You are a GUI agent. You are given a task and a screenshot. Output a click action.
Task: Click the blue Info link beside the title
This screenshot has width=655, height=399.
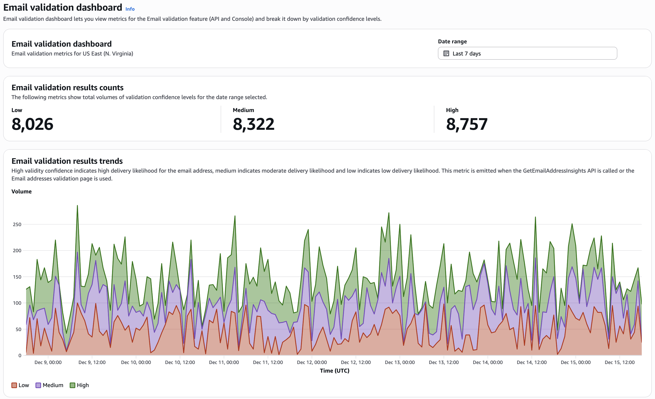click(x=130, y=9)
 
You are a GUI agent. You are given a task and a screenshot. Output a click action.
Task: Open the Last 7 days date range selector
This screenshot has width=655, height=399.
click(x=527, y=53)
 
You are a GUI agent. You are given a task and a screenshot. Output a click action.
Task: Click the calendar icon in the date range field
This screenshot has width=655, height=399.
click(x=446, y=53)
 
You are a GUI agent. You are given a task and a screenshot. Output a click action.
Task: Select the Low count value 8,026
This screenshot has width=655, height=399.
click(x=32, y=124)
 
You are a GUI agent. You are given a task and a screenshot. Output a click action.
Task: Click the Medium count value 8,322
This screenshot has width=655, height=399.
click(x=253, y=124)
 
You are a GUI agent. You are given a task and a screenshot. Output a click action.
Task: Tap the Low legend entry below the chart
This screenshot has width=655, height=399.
click(x=20, y=385)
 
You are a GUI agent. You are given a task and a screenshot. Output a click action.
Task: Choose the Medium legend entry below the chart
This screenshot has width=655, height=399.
click(x=49, y=385)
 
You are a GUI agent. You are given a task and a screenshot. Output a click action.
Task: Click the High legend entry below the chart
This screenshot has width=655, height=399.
click(x=79, y=385)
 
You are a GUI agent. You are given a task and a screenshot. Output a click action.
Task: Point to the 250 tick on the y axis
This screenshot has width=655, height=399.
click(x=17, y=224)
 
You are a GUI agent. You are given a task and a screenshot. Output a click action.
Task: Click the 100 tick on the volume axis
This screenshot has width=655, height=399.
click(x=17, y=303)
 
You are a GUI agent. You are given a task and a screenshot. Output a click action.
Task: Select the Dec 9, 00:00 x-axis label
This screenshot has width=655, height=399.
click(x=48, y=362)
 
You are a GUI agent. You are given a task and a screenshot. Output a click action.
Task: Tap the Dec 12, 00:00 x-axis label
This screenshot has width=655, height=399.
click(x=312, y=362)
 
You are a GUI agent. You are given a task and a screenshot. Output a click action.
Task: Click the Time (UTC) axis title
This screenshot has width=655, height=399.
click(x=334, y=371)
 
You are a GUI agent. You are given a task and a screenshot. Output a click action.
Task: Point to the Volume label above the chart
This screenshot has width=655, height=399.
click(x=22, y=191)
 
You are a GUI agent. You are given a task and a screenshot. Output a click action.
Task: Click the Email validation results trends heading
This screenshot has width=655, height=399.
click(x=67, y=161)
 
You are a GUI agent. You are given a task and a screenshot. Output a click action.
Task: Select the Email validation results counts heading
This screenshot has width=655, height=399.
click(x=67, y=87)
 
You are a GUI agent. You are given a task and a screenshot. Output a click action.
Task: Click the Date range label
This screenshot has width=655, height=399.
click(x=452, y=42)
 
